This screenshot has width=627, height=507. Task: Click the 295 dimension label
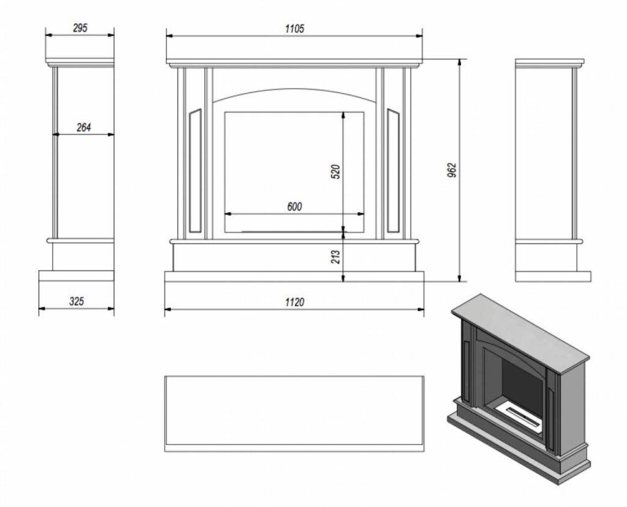pos(80,28)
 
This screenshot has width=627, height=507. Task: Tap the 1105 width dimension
pos(295,28)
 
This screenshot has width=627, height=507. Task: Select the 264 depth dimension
pos(83,127)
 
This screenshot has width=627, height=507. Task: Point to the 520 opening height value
pos(336,171)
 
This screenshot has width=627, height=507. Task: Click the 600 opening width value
pos(295,207)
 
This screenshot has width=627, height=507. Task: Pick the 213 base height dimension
pos(336,256)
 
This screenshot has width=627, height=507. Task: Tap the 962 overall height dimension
pos(452,170)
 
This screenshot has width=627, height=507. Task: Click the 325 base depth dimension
pos(77,302)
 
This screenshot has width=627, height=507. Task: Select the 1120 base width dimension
pos(295,303)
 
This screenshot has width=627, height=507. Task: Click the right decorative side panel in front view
pos(393,171)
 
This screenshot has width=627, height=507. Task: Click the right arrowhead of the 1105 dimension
pos(419,36)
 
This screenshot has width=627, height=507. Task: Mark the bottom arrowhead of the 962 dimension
pos(459,278)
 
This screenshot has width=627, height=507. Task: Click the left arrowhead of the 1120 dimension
pos(168,309)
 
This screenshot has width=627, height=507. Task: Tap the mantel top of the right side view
pos(549,62)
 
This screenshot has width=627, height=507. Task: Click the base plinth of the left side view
pos(77,276)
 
